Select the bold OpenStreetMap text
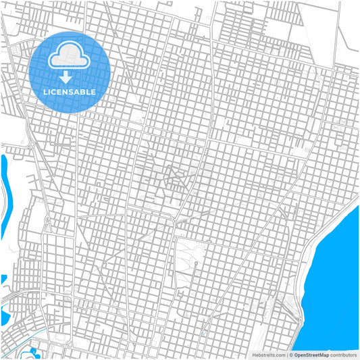pyautogui.click(x=311, y=354)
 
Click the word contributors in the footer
pyautogui.click(x=343, y=354)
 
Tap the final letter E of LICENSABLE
pyautogui.click(x=93, y=91)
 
